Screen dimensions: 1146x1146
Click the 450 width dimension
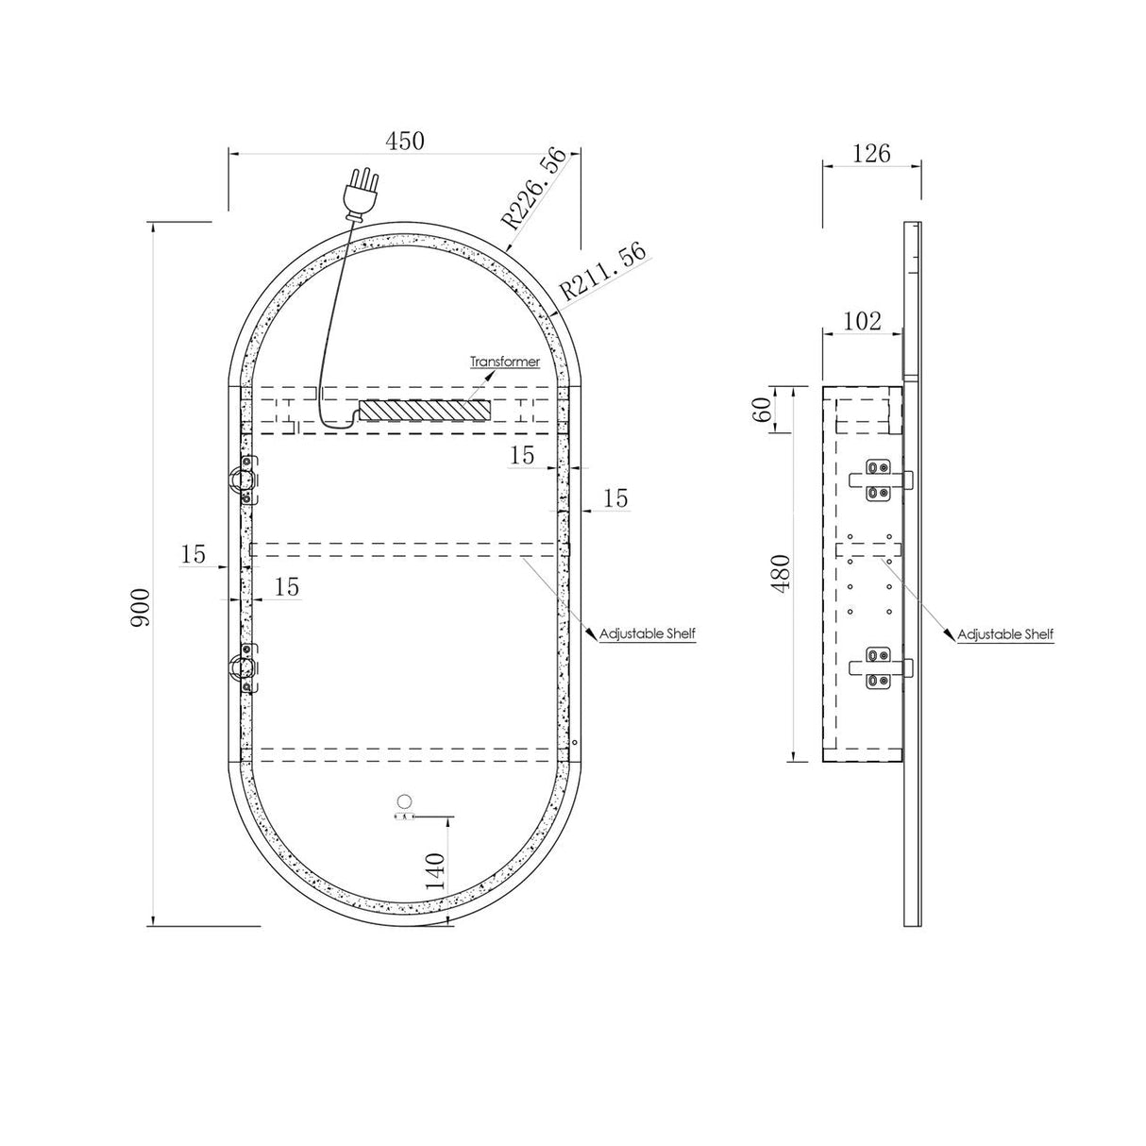(405, 141)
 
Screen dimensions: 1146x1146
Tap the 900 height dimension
(141, 608)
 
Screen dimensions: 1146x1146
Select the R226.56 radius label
(534, 189)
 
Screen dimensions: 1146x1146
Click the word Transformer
(505, 361)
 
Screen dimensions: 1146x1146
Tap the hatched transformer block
(425, 410)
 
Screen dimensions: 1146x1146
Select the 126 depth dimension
(871, 154)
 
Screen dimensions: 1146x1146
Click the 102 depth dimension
(862, 321)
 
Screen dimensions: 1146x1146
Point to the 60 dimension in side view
(763, 409)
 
